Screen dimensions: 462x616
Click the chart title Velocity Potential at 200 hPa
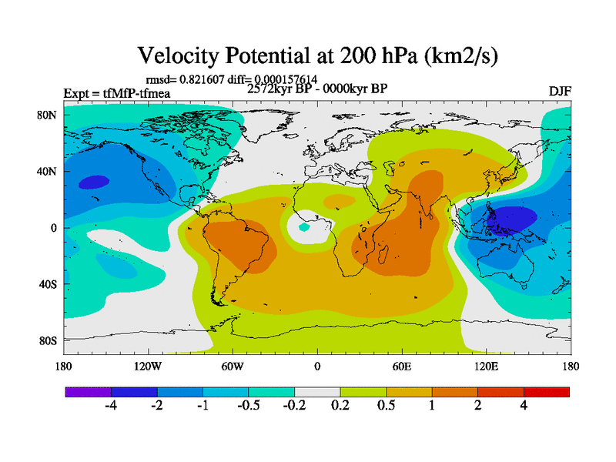(316, 55)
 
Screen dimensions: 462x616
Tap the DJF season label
(559, 92)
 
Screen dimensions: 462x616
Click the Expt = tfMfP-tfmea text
(116, 94)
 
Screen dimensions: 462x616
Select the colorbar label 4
(524, 407)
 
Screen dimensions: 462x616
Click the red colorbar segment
(547, 392)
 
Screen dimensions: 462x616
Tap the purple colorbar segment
(88, 392)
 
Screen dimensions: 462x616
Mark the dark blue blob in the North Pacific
(95, 182)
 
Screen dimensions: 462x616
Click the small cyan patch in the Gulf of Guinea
(304, 227)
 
